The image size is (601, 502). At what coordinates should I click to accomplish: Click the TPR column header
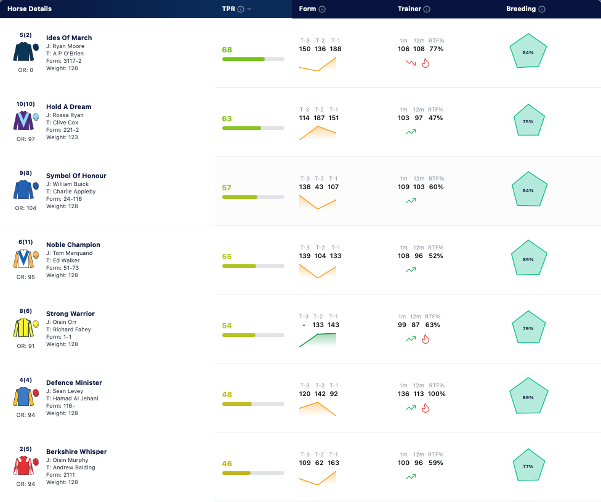228,9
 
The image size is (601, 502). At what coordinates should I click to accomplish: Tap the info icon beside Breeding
542,9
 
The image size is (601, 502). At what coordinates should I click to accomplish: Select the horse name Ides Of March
69,38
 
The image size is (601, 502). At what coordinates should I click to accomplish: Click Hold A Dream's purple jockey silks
23,121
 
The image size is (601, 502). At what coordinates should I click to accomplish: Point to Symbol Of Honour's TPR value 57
227,187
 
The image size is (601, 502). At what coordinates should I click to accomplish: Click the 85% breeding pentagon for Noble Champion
529,258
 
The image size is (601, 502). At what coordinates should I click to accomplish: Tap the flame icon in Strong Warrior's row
425,339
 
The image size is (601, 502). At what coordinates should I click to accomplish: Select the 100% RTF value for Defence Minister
437,394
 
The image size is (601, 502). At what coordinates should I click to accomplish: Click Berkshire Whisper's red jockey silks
23,466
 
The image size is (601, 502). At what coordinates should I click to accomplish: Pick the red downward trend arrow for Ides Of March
411,62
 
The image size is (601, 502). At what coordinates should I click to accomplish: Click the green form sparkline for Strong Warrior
318,340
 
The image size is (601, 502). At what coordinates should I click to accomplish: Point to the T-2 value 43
319,187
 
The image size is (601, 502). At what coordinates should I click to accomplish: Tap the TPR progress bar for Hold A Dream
253,128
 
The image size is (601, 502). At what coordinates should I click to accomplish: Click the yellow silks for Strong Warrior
23,328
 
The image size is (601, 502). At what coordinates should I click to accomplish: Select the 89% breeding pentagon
528,396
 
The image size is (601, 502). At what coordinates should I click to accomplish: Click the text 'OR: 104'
26,208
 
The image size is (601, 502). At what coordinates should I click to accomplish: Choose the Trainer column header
409,9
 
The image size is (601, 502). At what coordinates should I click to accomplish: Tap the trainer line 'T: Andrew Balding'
71,468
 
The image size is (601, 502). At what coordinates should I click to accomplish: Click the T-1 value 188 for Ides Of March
336,49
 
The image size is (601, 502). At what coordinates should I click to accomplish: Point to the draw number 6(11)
26,242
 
